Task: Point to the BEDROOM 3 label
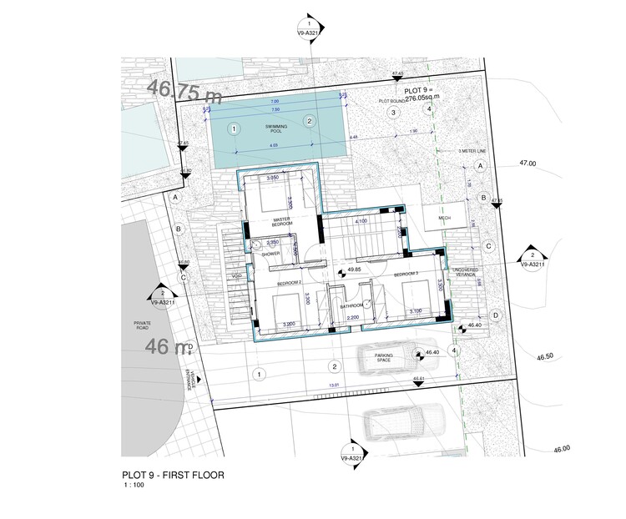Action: [x=406, y=274]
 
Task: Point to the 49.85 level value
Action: [x=353, y=270]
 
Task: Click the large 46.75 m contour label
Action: [x=185, y=89]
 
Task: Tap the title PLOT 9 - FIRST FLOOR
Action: [x=173, y=476]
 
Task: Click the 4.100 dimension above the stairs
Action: [x=361, y=221]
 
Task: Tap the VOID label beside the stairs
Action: [x=236, y=276]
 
